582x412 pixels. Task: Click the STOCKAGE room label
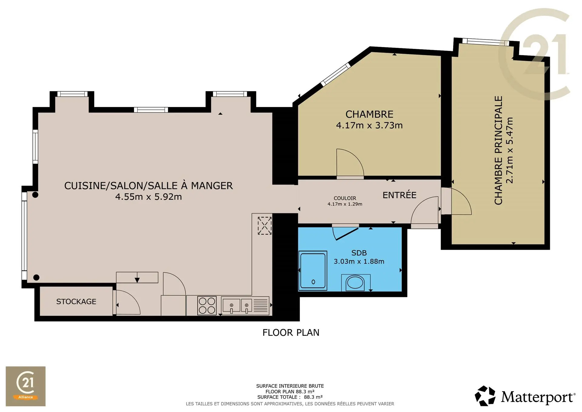(76, 302)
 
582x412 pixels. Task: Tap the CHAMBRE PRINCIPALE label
(499, 150)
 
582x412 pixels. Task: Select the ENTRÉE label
(400, 195)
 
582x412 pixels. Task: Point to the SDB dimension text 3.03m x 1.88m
(359, 262)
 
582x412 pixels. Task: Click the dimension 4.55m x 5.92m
(149, 197)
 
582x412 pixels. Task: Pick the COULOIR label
(345, 198)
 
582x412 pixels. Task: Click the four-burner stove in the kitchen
(207, 306)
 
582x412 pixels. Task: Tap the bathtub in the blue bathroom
(313, 270)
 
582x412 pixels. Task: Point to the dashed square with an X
(265, 225)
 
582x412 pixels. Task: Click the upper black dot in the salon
(35, 195)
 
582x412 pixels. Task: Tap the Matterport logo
(525, 396)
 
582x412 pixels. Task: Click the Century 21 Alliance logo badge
(26, 386)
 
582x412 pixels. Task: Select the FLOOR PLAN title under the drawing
(291, 333)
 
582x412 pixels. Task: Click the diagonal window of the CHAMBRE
(336, 74)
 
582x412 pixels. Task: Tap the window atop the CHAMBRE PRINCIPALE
(486, 42)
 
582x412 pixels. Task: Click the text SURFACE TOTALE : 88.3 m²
(290, 397)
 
